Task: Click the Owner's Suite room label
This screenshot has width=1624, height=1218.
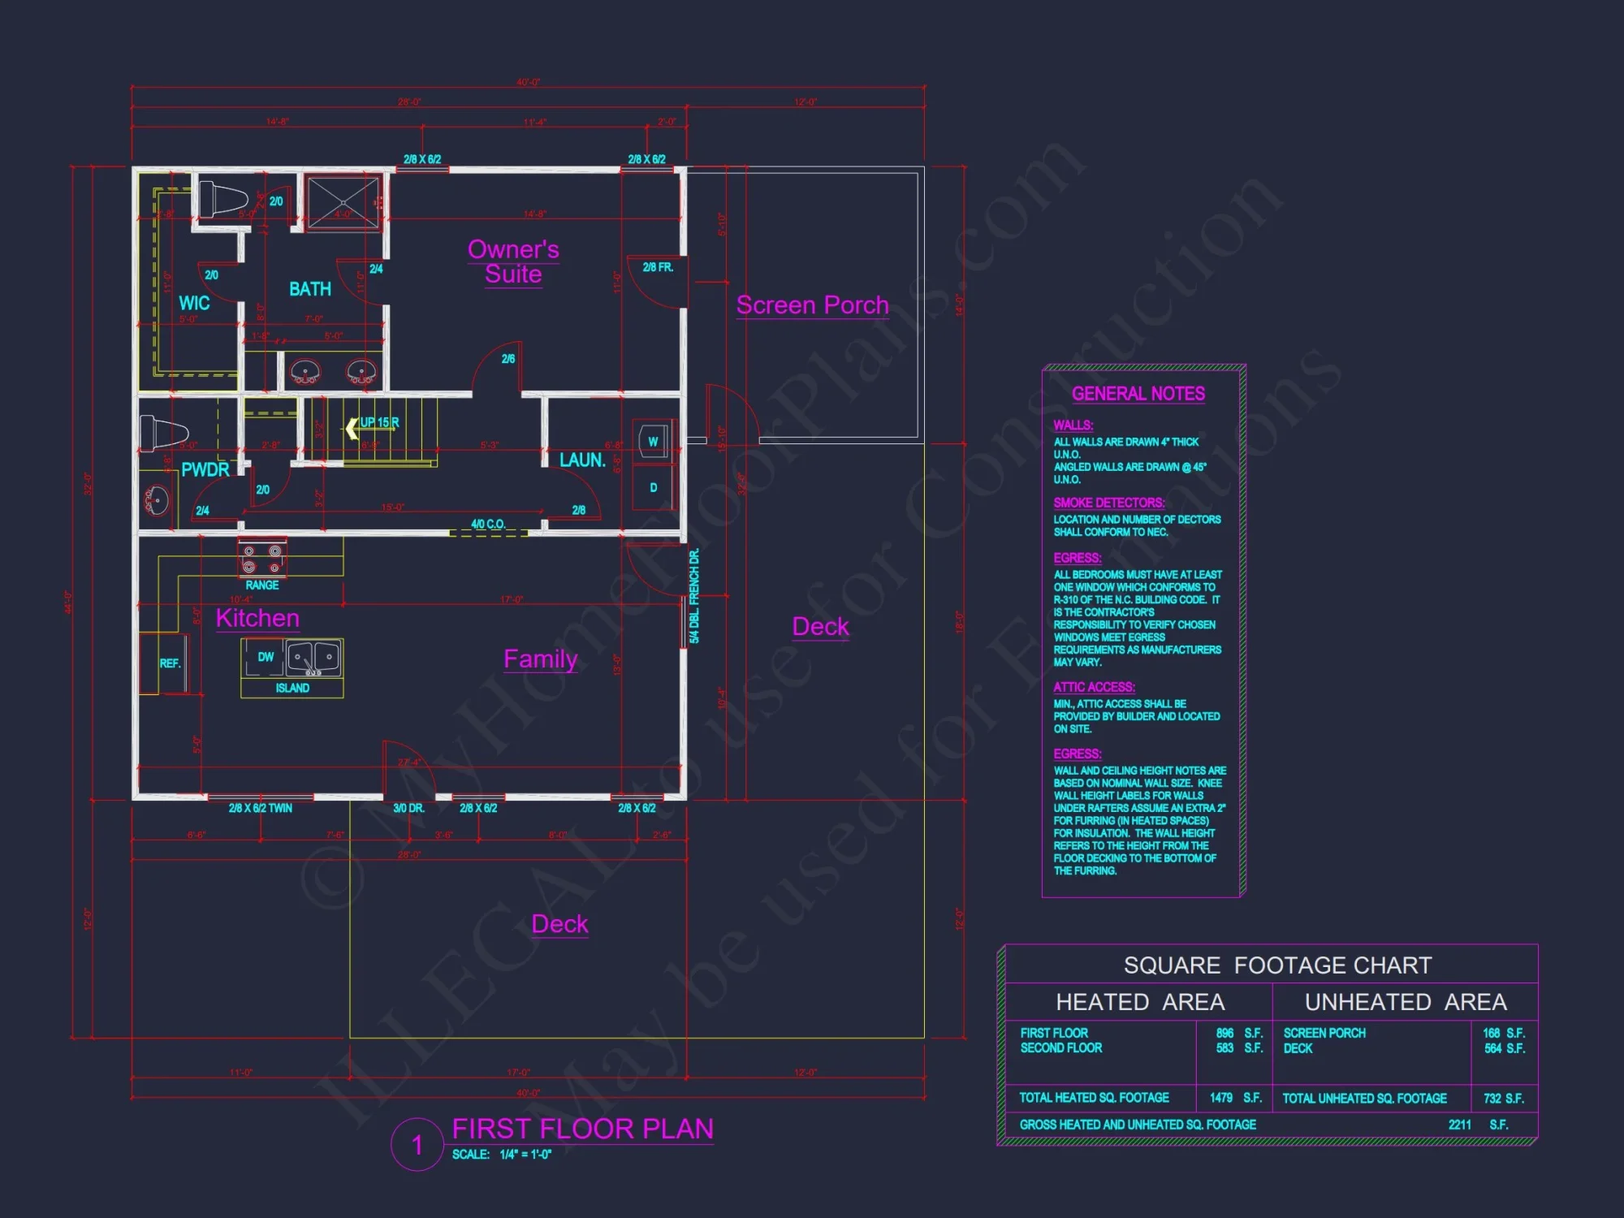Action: [513, 261]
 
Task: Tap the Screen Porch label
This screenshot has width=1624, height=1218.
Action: [812, 305]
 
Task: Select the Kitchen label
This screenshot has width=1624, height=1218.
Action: [257, 619]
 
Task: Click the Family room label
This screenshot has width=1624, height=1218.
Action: [540, 659]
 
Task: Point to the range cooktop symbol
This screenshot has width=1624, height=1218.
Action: [261, 559]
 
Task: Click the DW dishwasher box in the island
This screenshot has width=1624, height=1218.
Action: [265, 657]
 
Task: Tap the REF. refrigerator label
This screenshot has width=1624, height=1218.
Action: [170, 663]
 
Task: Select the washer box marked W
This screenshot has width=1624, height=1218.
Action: [653, 442]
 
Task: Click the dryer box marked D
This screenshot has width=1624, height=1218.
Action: [653, 488]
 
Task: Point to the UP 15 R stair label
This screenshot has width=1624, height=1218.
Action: [378, 423]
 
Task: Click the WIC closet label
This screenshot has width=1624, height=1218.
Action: [194, 304]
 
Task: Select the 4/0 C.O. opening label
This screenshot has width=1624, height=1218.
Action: [488, 525]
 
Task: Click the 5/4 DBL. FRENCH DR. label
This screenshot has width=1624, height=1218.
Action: [694, 596]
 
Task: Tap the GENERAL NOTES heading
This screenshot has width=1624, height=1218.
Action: [1138, 394]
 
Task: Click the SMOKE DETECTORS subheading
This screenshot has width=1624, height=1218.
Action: [1108, 503]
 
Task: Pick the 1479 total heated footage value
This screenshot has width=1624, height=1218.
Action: [1220, 1098]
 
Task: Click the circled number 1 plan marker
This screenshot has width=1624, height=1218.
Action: [417, 1145]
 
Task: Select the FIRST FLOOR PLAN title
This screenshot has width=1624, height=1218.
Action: [582, 1129]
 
